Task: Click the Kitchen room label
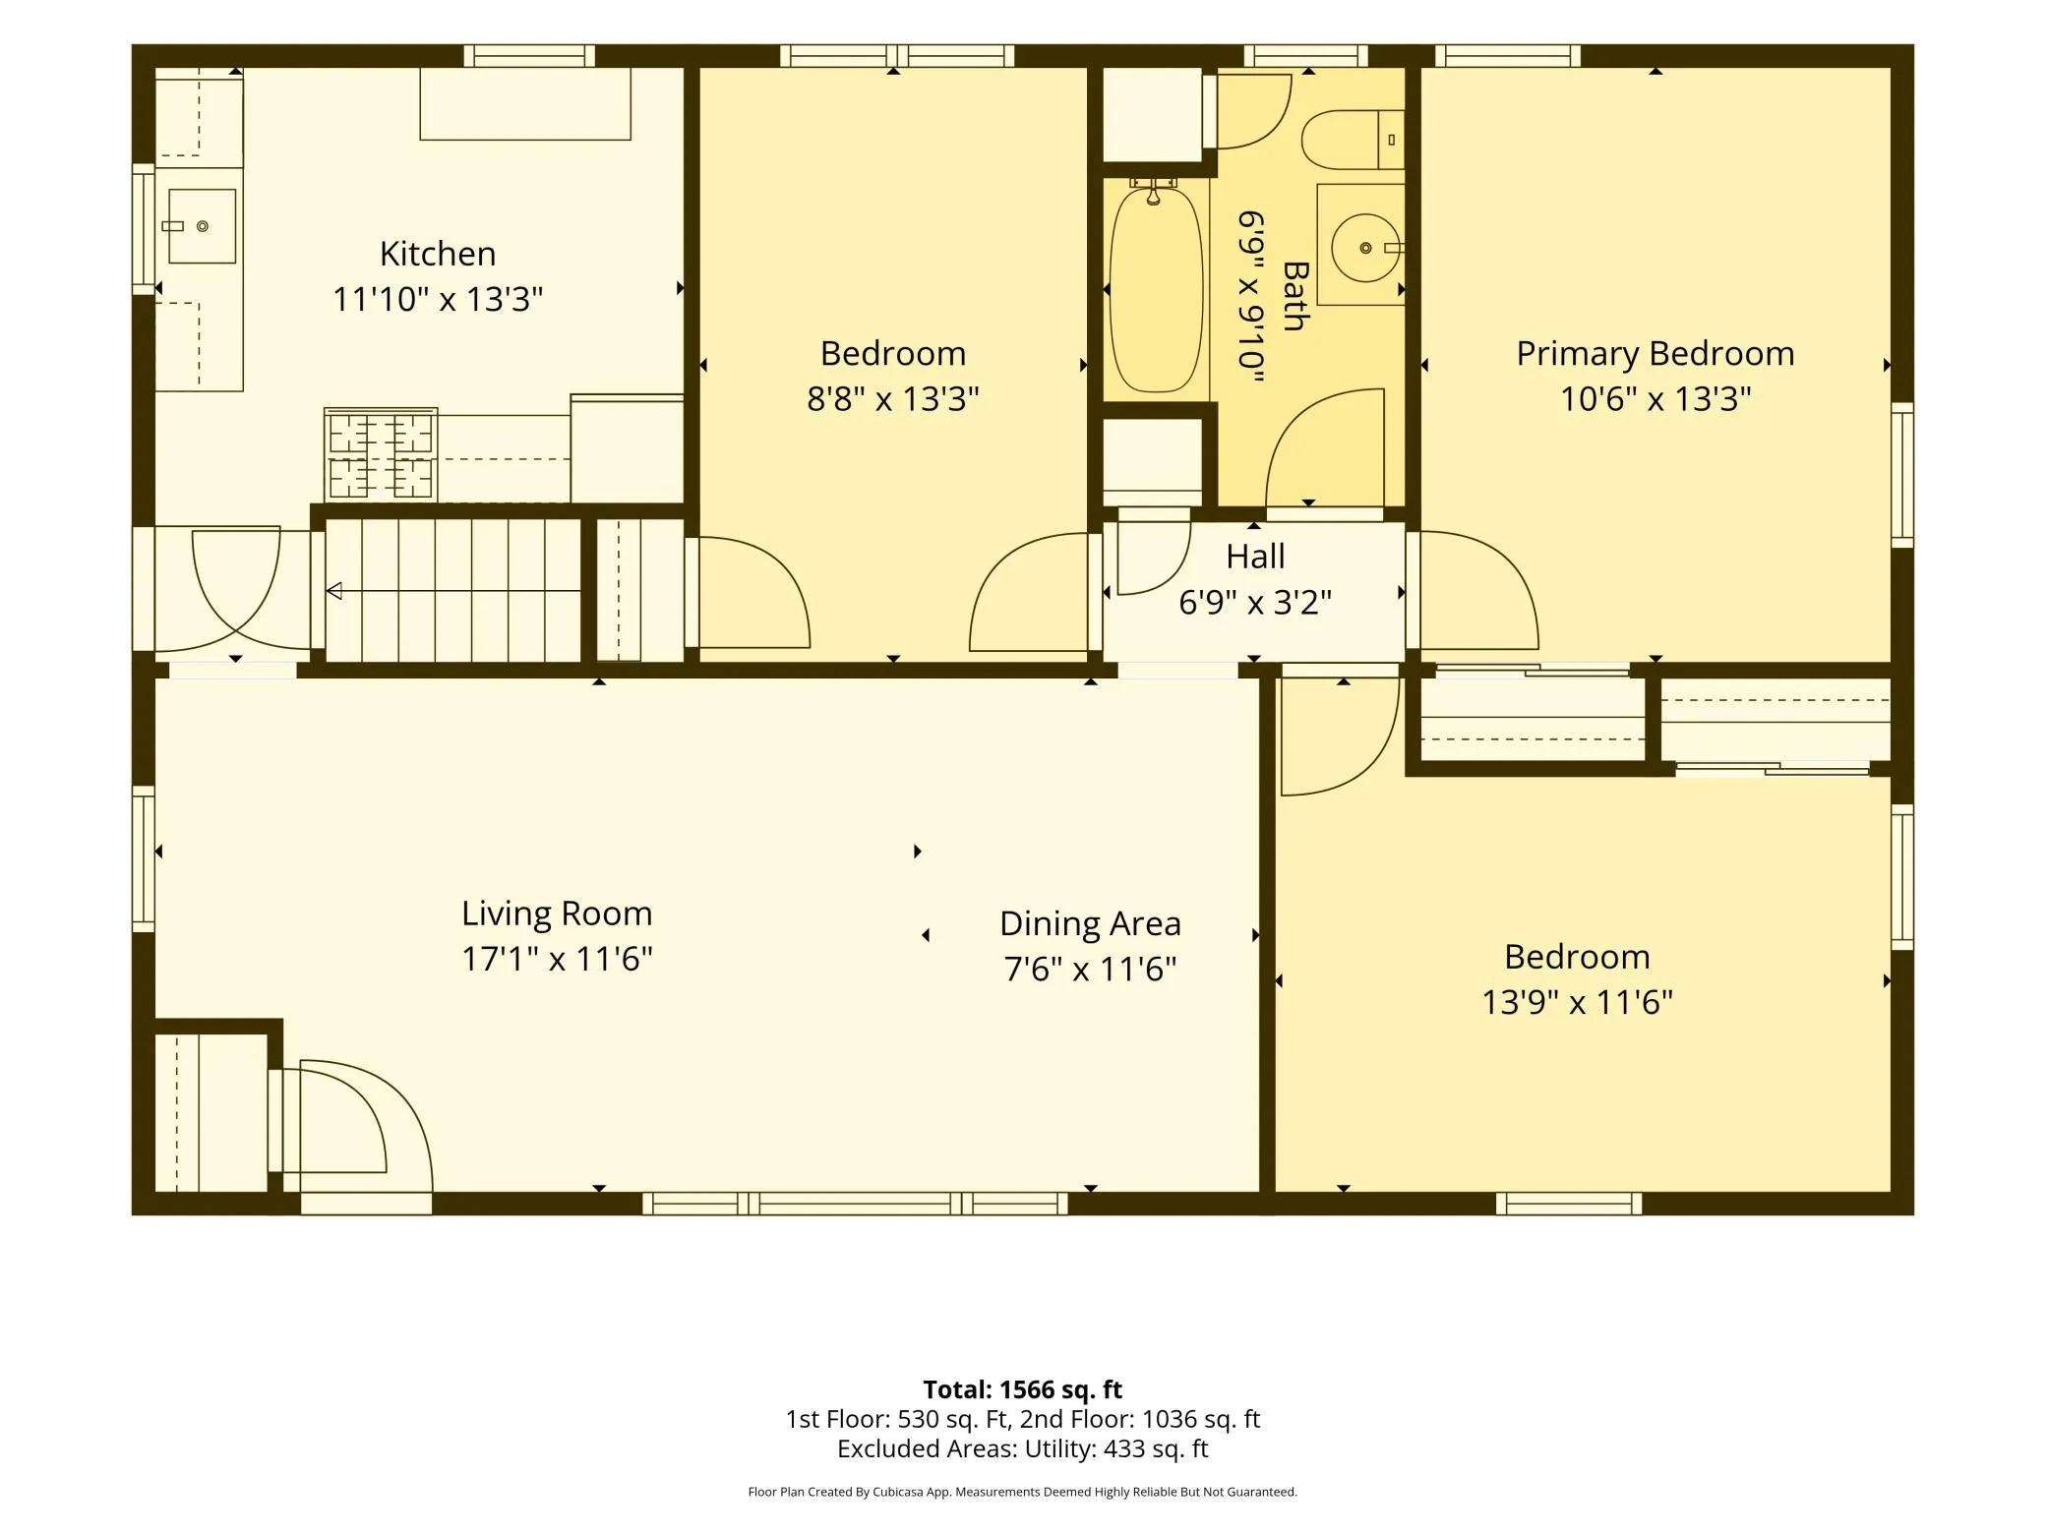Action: (438, 254)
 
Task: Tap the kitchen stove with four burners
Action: (381, 454)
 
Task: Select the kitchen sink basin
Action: (202, 226)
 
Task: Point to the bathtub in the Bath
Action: (1156, 290)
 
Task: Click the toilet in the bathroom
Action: (1353, 140)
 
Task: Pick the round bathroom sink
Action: (1365, 248)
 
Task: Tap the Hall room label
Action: (1255, 557)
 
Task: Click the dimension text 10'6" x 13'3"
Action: (1655, 398)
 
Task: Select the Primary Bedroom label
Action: (1655, 353)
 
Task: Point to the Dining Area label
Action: (1090, 923)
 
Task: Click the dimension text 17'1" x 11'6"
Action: (557, 959)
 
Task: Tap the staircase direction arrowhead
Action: (333, 591)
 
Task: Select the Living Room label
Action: (557, 914)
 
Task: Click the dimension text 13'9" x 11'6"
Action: (1577, 1002)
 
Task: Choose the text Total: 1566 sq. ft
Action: (1022, 1389)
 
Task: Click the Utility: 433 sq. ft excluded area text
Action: (1116, 1448)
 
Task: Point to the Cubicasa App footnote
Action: (1022, 1492)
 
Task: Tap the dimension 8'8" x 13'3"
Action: (893, 398)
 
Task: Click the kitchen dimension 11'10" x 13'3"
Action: (438, 299)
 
